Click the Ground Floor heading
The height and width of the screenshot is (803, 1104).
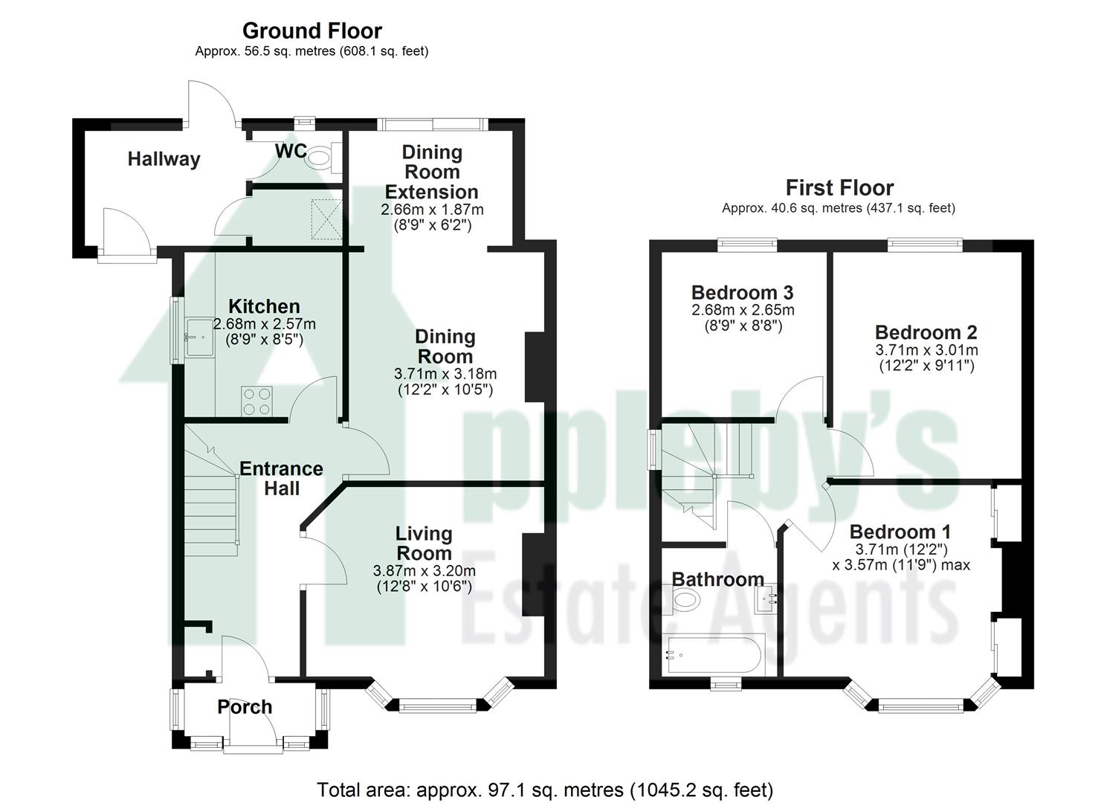tap(311, 30)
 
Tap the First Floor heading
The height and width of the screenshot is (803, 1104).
tap(839, 187)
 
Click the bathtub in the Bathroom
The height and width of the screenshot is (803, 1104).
tap(712, 656)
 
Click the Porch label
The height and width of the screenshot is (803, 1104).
tap(245, 707)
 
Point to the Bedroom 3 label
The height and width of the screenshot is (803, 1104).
tap(742, 292)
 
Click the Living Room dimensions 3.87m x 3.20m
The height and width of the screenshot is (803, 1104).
tap(424, 571)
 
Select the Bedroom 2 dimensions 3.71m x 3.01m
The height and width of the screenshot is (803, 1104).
tap(926, 350)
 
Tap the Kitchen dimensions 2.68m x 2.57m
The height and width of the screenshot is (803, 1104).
tap(264, 324)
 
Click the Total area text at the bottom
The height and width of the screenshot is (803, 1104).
tap(545, 790)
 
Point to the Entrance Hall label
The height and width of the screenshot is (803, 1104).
tap(281, 478)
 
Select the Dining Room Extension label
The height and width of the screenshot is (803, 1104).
tap(432, 172)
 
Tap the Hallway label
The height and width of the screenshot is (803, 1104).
tap(164, 159)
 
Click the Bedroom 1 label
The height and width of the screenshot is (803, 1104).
tap(900, 532)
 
